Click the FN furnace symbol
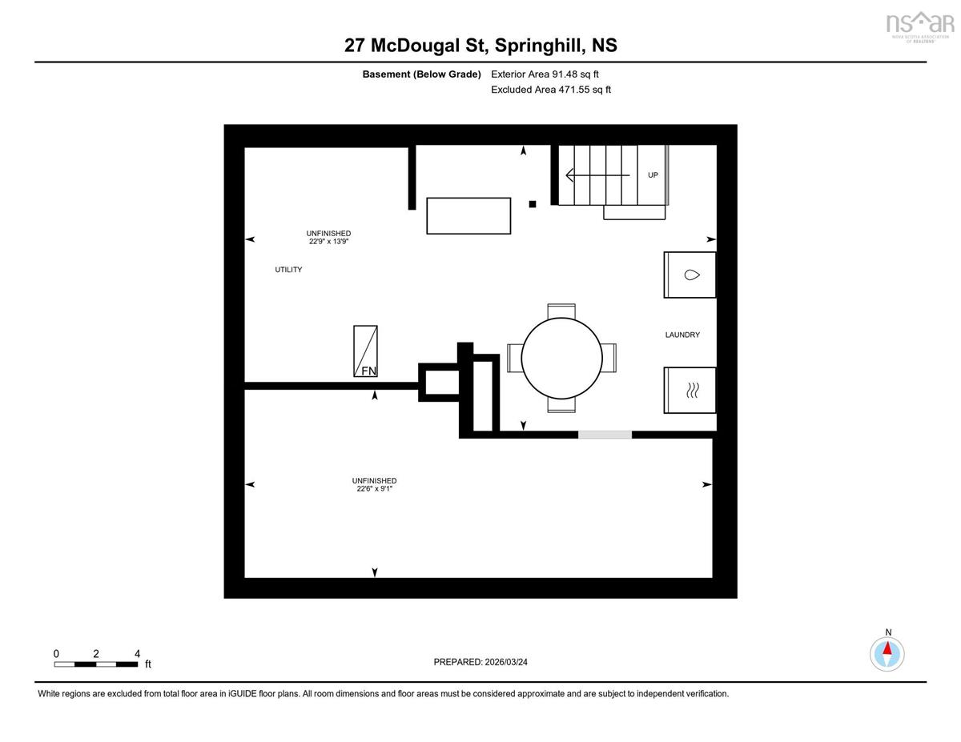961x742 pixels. pos(365,351)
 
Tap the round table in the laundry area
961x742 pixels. pos(561,358)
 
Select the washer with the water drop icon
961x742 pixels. pos(690,275)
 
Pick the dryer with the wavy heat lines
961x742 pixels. pos(690,391)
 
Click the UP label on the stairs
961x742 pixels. pos(653,175)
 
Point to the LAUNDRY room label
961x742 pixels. pos(682,335)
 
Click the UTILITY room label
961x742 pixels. pos(288,270)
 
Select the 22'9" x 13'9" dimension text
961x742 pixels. pos(328,241)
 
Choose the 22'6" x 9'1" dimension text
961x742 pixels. pos(375,489)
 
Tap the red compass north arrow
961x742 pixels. pos(887,648)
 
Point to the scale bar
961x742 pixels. pos(96,664)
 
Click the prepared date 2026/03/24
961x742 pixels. pos(506,662)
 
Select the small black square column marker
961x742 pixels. pos(533,204)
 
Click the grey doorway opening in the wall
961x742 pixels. pos(605,435)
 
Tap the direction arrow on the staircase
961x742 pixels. pos(598,175)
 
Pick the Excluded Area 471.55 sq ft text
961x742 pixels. pos(551,90)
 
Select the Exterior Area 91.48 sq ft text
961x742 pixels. pos(545,74)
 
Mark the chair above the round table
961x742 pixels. pos(561,311)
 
